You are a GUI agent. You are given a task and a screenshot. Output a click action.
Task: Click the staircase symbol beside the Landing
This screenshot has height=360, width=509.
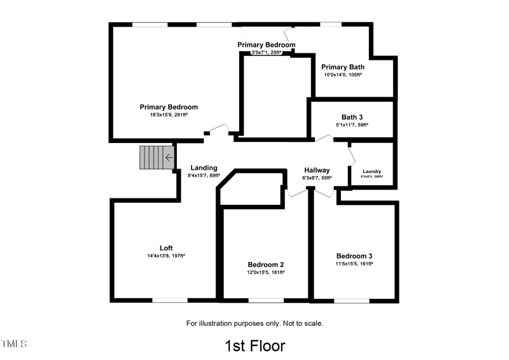(156, 158)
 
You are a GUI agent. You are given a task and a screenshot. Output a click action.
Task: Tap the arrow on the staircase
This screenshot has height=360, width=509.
(169, 158)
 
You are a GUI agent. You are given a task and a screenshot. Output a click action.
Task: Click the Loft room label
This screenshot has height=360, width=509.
(166, 248)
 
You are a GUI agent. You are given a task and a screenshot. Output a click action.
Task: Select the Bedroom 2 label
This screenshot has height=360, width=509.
(265, 265)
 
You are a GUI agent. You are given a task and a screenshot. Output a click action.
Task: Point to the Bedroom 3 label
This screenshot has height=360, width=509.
(354, 256)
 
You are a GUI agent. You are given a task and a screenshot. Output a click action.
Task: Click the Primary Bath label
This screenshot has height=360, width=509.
(342, 67)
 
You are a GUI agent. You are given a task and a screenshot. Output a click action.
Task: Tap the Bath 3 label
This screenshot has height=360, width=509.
(352, 117)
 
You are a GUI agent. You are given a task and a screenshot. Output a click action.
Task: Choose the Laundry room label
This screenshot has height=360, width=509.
(372, 172)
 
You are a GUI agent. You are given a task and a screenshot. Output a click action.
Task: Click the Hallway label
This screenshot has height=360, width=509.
(317, 170)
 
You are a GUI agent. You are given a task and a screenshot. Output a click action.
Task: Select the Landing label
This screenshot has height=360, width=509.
(204, 168)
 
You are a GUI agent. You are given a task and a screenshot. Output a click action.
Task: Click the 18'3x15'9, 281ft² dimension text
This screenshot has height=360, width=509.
(169, 115)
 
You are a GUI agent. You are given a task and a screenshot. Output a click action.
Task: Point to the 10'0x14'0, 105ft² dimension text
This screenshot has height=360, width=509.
(342, 75)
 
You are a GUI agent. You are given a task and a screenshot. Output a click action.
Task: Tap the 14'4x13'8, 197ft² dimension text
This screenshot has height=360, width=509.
(165, 256)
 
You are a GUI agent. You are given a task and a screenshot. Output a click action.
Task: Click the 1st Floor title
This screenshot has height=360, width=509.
(254, 346)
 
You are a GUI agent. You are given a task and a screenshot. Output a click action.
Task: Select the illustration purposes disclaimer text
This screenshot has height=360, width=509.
(254, 323)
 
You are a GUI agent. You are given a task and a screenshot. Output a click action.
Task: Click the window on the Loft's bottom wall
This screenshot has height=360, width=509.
(169, 300)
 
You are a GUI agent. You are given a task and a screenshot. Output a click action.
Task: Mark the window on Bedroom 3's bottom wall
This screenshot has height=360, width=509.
(351, 300)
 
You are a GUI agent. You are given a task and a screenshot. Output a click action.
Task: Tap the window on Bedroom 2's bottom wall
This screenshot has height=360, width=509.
(265, 300)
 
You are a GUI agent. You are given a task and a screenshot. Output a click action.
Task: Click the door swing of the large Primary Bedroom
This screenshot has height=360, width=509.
(220, 129)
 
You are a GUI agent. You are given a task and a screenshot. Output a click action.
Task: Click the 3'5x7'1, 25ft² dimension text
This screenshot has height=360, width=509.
(266, 53)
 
